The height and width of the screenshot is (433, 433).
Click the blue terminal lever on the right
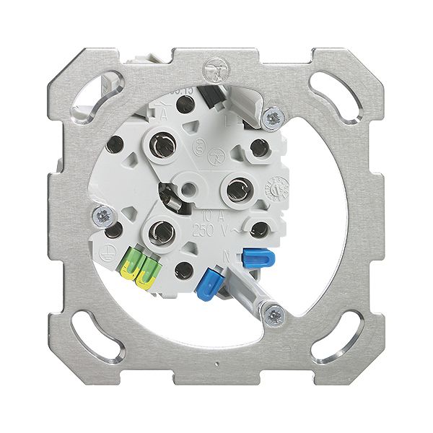pos(253,258)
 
